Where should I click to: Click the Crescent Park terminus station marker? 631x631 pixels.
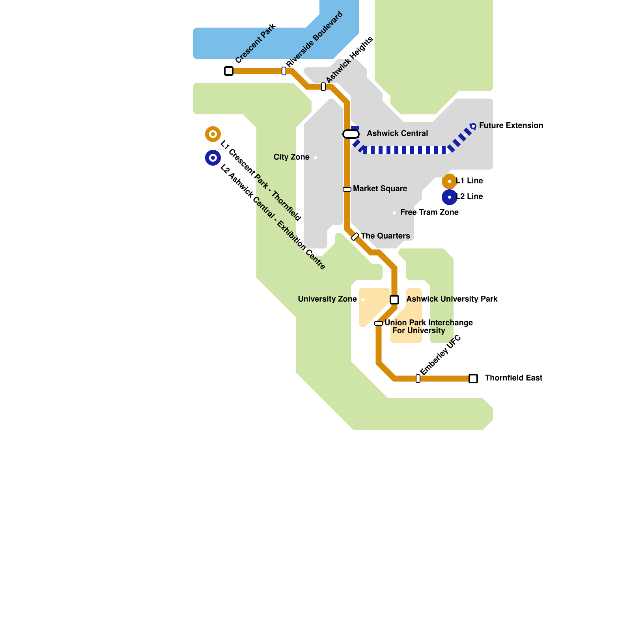point(229,71)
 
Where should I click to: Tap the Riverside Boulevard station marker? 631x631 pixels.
point(284,71)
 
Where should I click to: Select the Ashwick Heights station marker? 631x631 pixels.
point(323,87)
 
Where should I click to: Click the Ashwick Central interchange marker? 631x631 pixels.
point(351,134)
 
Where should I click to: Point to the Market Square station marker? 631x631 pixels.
point(347,189)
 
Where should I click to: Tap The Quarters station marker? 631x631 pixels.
point(355,237)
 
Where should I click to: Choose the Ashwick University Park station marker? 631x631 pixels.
point(394,300)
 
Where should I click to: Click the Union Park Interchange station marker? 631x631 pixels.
point(379,323)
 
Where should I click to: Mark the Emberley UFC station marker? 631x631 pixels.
point(418,379)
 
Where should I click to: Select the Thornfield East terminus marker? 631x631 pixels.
point(473,379)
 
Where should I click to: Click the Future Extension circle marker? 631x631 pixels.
point(473,126)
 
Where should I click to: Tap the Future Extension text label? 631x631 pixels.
point(511,126)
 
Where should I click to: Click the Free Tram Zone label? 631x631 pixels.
point(429,213)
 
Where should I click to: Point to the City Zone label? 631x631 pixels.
point(291,157)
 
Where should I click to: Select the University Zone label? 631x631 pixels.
point(327,299)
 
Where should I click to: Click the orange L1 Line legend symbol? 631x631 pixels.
point(449,181)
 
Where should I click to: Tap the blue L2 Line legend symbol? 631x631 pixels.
point(449,197)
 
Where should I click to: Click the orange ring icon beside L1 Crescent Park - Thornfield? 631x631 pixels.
point(213,134)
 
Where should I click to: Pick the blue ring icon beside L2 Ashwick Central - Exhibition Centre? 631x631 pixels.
point(213,158)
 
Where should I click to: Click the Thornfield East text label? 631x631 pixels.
point(513,378)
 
